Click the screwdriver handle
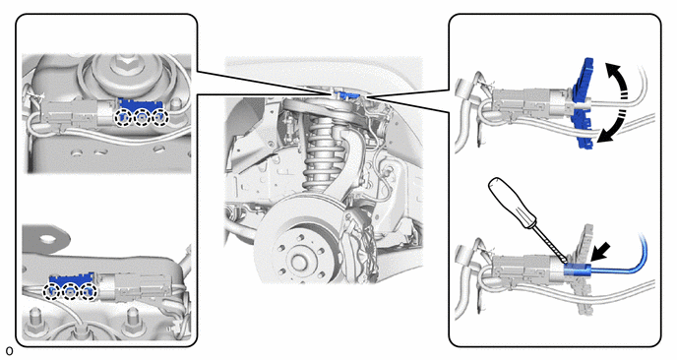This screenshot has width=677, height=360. (x=512, y=203)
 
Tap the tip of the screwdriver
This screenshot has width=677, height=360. (x=565, y=263)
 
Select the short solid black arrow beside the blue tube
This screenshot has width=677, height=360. (x=600, y=251)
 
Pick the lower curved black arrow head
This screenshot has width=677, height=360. (x=604, y=136)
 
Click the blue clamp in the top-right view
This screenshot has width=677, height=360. (x=583, y=103)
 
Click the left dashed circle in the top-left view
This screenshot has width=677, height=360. (x=123, y=117)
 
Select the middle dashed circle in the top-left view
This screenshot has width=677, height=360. (x=142, y=117)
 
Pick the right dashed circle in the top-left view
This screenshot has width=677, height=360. (x=159, y=117)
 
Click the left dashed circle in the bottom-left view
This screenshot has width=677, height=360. (x=52, y=292)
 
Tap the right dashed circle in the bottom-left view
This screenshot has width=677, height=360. (x=89, y=292)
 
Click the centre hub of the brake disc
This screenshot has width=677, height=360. (x=298, y=261)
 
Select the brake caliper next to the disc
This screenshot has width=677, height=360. (x=360, y=245)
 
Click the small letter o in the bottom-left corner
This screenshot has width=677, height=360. (x=10, y=350)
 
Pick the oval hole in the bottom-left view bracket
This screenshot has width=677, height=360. (x=48, y=237)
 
